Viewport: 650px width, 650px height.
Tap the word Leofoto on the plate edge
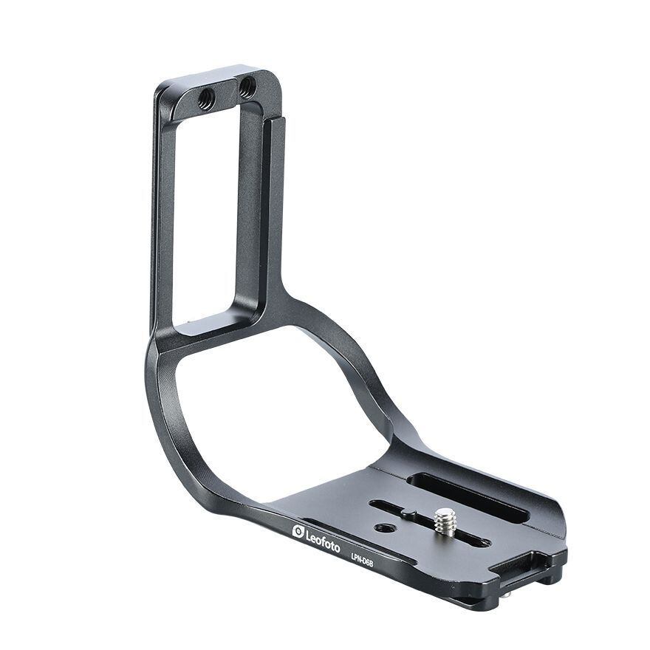(323, 541)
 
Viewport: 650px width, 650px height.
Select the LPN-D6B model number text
(361, 562)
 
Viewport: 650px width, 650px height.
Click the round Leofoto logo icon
(298, 531)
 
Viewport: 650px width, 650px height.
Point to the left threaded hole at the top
(206, 99)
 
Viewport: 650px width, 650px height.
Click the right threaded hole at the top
(247, 87)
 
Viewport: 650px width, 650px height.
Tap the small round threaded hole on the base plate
(383, 527)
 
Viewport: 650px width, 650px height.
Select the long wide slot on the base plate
(468, 498)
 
